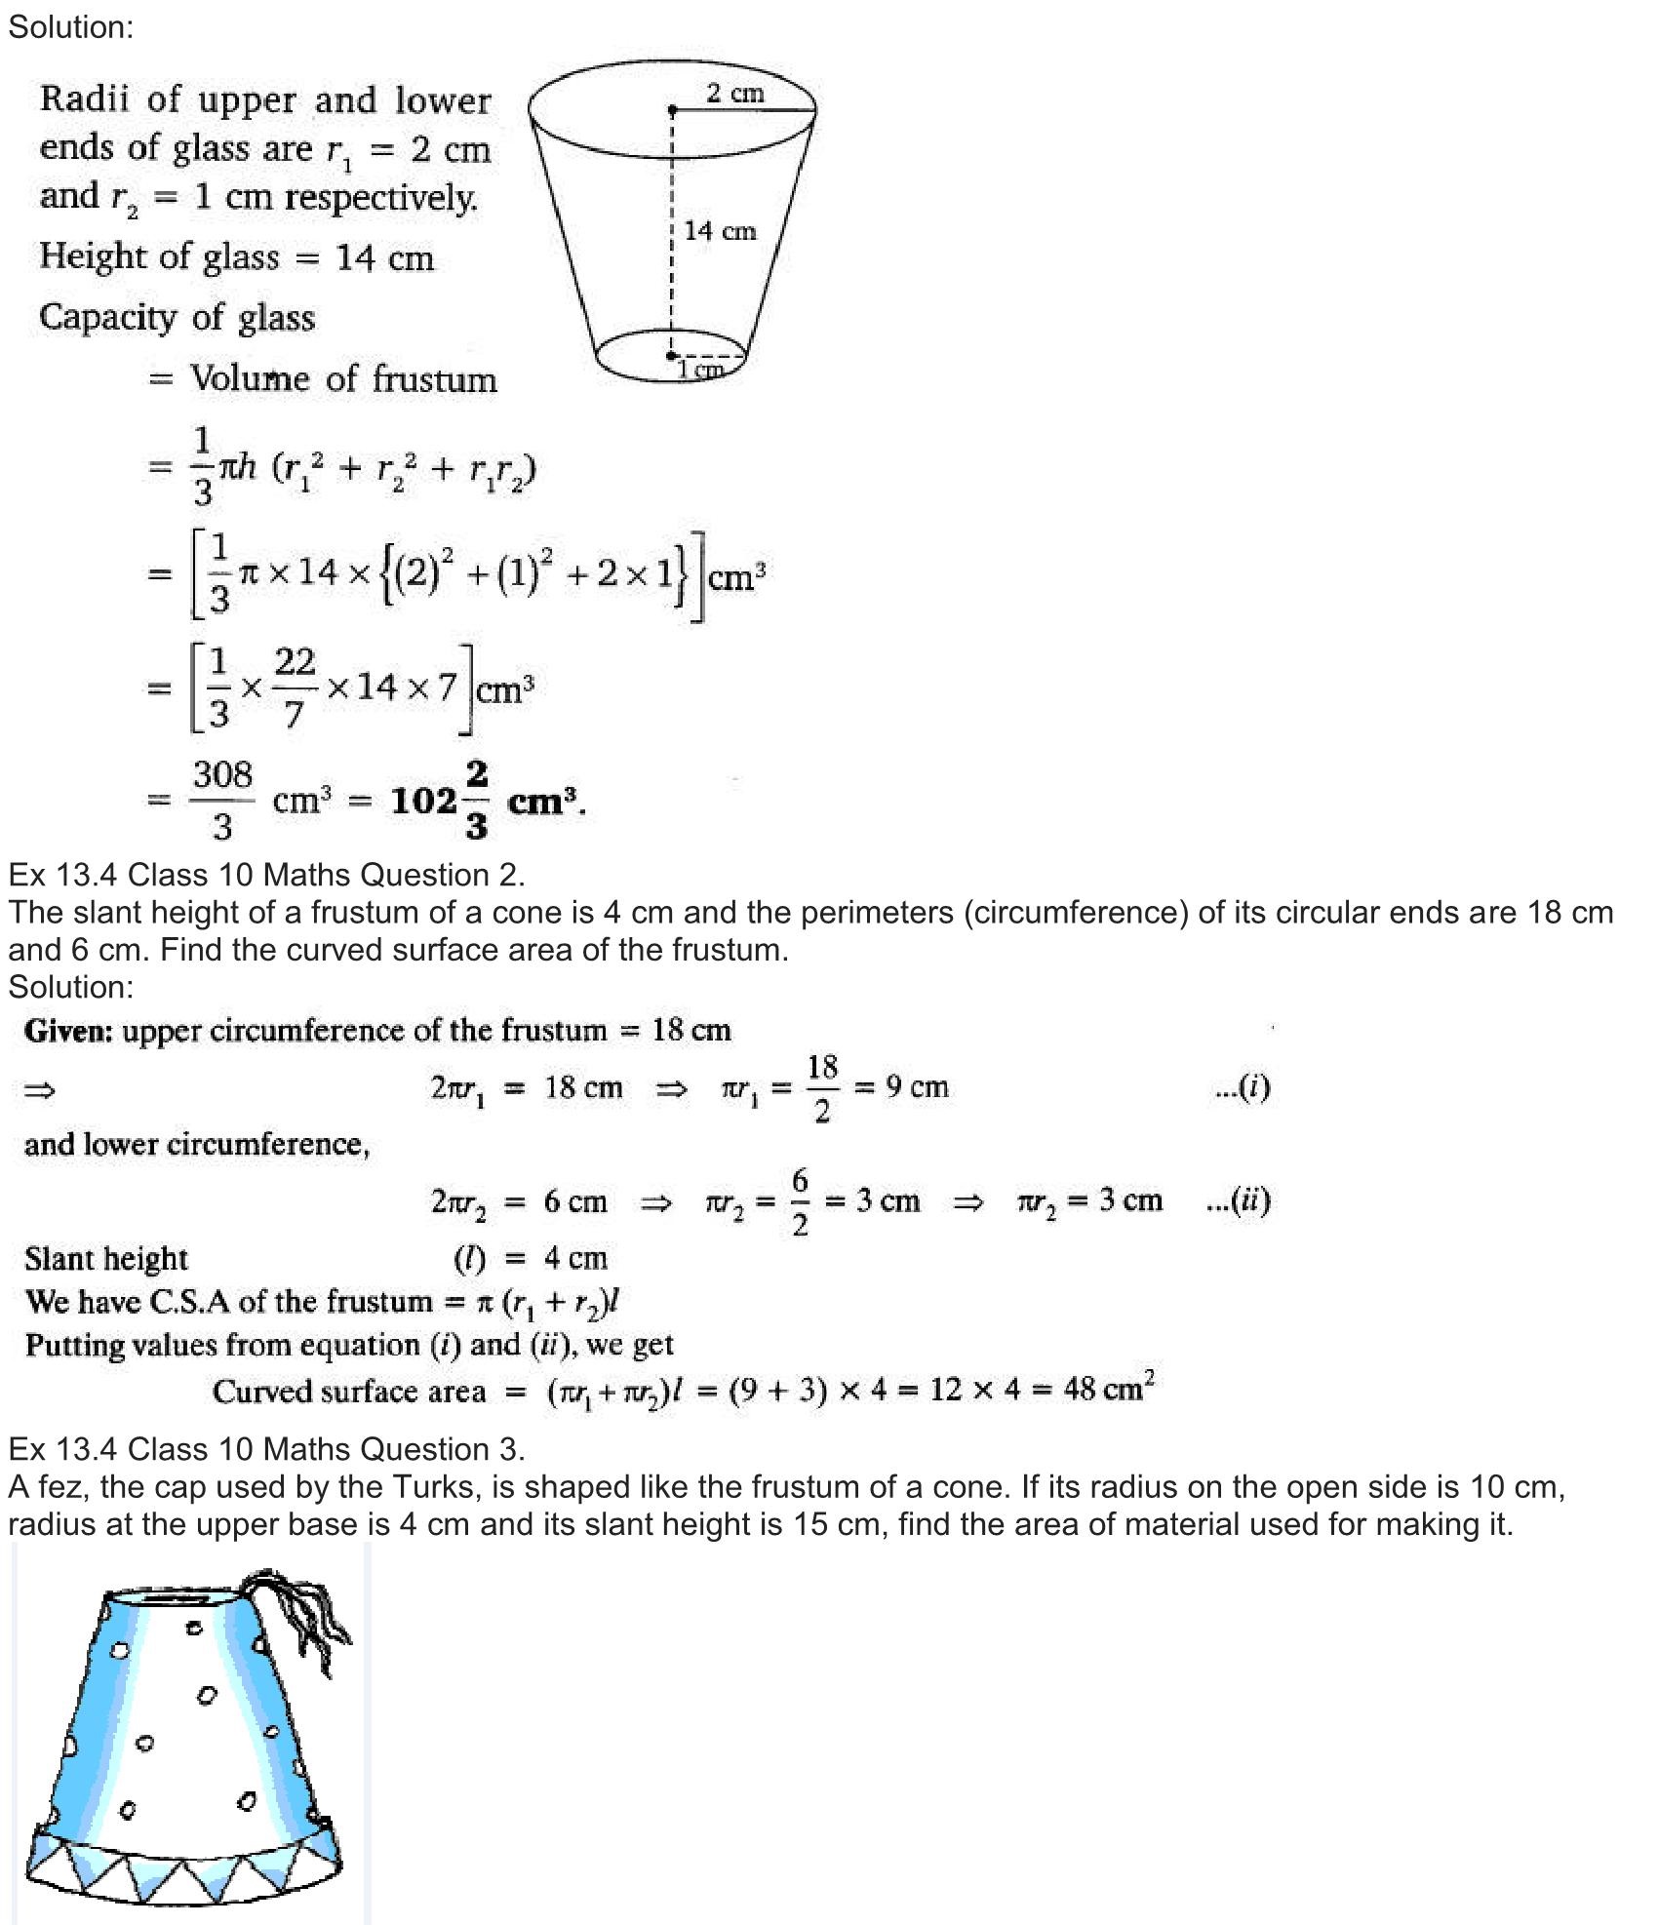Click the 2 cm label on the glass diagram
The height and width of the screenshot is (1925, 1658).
point(734,94)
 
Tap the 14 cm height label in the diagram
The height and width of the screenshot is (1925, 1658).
point(720,231)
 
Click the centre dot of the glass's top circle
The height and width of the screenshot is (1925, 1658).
point(672,110)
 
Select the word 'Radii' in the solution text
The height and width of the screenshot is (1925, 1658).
point(86,99)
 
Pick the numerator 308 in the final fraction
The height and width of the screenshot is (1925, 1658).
point(222,775)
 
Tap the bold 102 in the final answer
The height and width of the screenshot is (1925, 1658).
point(423,802)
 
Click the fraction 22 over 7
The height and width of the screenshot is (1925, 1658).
point(295,688)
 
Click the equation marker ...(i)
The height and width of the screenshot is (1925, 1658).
point(1243,1087)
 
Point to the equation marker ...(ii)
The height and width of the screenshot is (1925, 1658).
point(1238,1200)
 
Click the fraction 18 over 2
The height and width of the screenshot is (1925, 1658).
point(822,1087)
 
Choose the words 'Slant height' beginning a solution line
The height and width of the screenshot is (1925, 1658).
point(106,1259)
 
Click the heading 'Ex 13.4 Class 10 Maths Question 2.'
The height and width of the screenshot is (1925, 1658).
point(266,875)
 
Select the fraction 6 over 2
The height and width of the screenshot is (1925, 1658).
point(800,1201)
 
